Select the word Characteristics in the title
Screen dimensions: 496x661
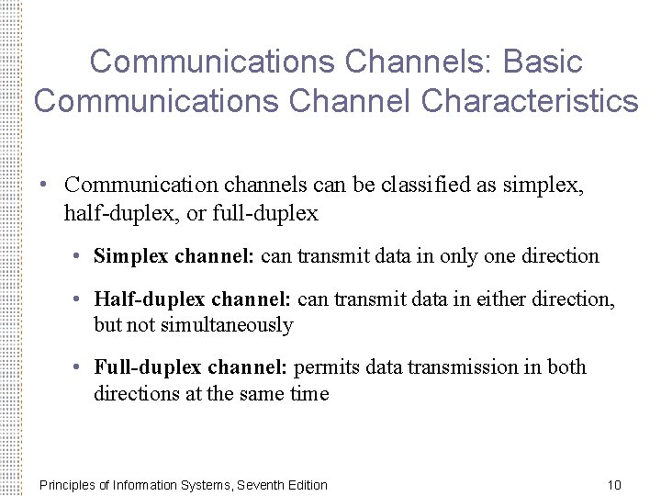click(x=530, y=101)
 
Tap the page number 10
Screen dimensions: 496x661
click(x=614, y=484)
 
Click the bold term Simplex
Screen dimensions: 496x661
click(x=131, y=256)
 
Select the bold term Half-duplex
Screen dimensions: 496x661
click(x=150, y=299)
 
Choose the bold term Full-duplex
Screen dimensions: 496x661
click(x=147, y=367)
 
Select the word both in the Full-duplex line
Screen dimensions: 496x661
click(x=566, y=367)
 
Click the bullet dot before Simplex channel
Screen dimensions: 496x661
click(x=79, y=257)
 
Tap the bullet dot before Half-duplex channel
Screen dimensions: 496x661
click(x=79, y=300)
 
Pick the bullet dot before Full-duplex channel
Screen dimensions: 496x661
click(x=79, y=368)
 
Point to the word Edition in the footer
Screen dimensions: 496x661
click(x=305, y=484)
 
